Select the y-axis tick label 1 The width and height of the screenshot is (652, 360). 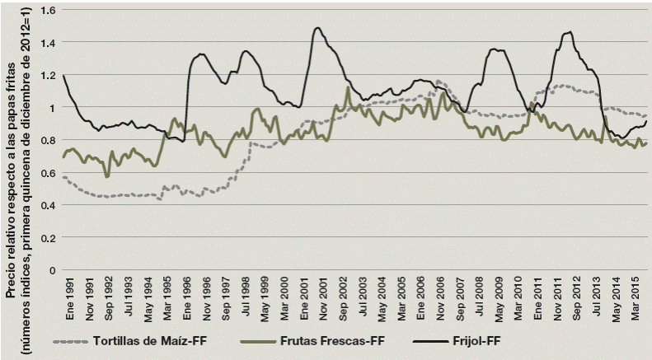tap(49, 107)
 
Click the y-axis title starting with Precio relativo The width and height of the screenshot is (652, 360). tap(21, 157)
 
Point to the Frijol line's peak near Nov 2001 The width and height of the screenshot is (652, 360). tap(317, 28)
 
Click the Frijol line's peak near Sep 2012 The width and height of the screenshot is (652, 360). tap(567, 33)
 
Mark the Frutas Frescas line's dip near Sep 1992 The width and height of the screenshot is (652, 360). tap(107, 175)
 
